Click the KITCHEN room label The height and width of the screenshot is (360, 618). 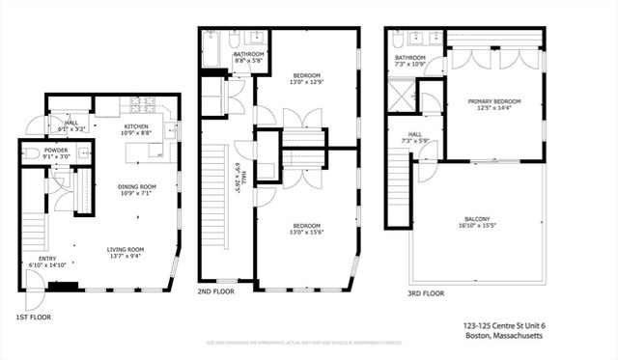pyautogui.click(x=136, y=127)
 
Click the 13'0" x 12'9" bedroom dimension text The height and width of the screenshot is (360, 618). pyautogui.click(x=307, y=82)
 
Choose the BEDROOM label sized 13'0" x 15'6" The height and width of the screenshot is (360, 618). pyautogui.click(x=307, y=226)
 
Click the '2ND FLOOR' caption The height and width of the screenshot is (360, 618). pyautogui.click(x=217, y=291)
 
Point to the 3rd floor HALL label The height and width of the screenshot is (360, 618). pyautogui.click(x=414, y=135)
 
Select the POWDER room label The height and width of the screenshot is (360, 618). pyautogui.click(x=55, y=150)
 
